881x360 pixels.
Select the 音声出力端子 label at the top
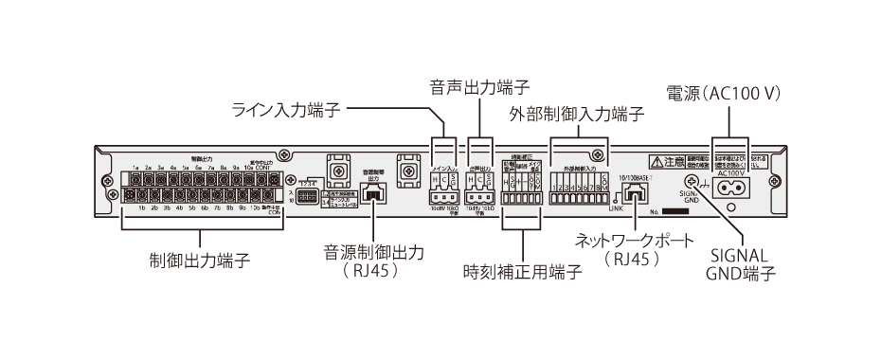(x=478, y=88)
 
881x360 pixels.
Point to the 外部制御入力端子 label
(x=577, y=115)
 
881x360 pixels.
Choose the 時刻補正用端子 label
(x=522, y=269)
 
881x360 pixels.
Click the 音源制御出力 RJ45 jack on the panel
(x=373, y=193)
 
